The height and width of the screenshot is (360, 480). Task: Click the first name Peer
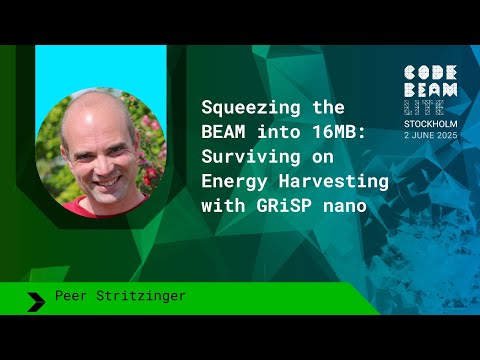[72, 297]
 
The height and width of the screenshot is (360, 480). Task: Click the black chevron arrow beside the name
[36, 298]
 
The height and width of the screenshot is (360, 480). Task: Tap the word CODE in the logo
[430, 73]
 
